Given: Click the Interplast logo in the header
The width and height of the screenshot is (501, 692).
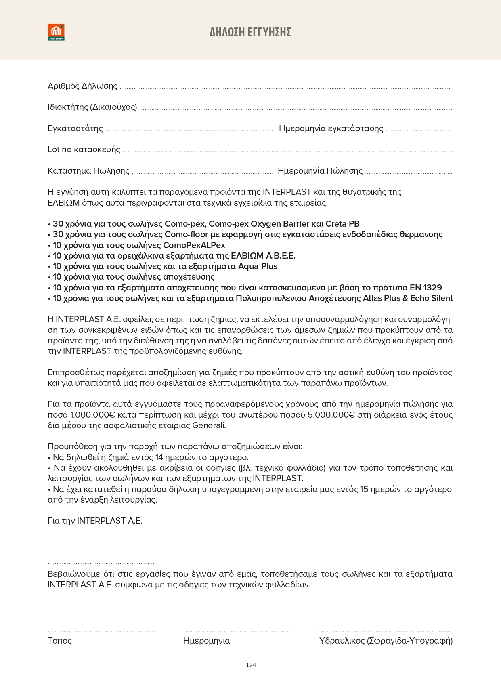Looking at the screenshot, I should pyautogui.click(x=56, y=32).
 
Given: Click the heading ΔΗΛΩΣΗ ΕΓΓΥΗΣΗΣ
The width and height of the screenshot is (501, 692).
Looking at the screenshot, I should pyautogui.click(x=250, y=32).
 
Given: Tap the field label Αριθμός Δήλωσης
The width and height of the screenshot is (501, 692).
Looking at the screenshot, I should pyautogui.click(x=82, y=86).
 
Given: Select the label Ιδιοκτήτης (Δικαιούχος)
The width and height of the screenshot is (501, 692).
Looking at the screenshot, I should pyautogui.click(x=92, y=107).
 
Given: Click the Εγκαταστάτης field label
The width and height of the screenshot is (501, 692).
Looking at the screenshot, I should pyautogui.click(x=75, y=128).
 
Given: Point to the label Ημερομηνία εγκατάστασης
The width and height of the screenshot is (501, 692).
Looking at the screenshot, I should pyautogui.click(x=331, y=128).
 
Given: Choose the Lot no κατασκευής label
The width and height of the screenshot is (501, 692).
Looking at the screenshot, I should pyautogui.click(x=84, y=149).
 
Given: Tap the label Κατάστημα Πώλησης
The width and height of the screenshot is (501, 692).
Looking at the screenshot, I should pyautogui.click(x=88, y=171).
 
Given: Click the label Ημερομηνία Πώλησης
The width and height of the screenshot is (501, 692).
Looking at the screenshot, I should pyautogui.click(x=320, y=171).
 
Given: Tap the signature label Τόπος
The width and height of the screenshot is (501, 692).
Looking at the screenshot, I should pyautogui.click(x=59, y=641).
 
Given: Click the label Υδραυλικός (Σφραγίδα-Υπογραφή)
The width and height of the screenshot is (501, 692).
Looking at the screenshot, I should pyautogui.click(x=386, y=641).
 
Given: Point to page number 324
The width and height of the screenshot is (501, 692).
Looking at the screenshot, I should pyautogui.click(x=250, y=665).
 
